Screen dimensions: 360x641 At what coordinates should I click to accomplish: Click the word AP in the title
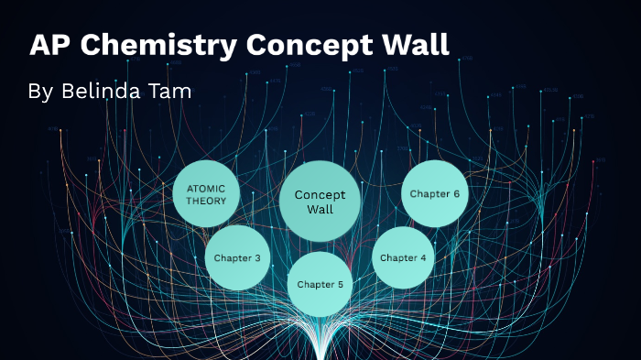tap(49, 45)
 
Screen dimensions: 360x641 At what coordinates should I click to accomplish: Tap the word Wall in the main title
tap(415, 45)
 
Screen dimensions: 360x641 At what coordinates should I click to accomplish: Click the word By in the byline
tap(41, 92)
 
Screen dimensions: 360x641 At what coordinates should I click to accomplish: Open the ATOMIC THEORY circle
tap(206, 194)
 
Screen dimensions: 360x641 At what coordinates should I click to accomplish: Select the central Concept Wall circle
tap(320, 201)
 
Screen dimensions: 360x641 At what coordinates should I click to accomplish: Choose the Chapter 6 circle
tap(435, 193)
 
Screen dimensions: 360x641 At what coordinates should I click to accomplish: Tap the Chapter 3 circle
tap(237, 257)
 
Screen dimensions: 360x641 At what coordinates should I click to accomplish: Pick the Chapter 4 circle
tap(403, 257)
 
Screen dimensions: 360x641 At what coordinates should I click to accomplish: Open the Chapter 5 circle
tap(320, 284)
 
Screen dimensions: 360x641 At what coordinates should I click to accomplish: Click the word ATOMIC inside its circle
tap(206, 188)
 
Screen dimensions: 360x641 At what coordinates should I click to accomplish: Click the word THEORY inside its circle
tap(206, 202)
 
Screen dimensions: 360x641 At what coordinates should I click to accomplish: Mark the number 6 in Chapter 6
tap(455, 193)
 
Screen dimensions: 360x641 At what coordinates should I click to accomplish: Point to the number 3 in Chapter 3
tap(257, 257)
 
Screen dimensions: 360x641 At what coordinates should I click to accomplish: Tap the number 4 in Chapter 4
tap(423, 257)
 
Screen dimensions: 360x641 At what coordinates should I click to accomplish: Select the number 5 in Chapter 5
tap(340, 284)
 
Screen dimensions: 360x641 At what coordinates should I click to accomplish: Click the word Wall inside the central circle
tap(320, 209)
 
